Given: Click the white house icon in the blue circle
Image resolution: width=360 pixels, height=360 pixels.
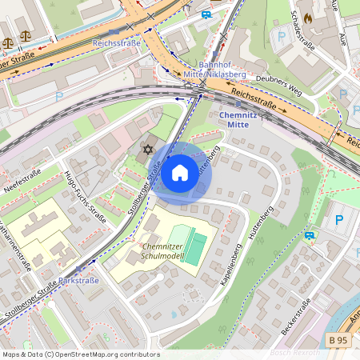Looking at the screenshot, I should point(180,173).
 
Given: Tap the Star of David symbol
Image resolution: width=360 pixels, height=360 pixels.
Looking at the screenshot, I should point(146,150).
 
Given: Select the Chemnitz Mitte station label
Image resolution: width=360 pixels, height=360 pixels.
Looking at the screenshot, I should point(240,120).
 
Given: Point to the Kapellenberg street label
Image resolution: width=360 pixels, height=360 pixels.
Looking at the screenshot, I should point(233,263).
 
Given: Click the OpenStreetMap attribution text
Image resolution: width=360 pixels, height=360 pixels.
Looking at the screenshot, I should point(80,354).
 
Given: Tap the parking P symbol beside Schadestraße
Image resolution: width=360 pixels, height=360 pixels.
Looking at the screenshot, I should point(280,36).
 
